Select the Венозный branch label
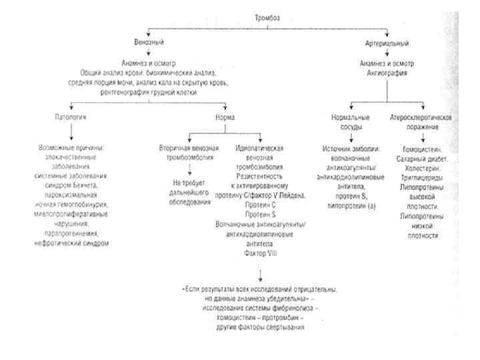(x=147, y=42)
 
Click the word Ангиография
(x=388, y=73)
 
